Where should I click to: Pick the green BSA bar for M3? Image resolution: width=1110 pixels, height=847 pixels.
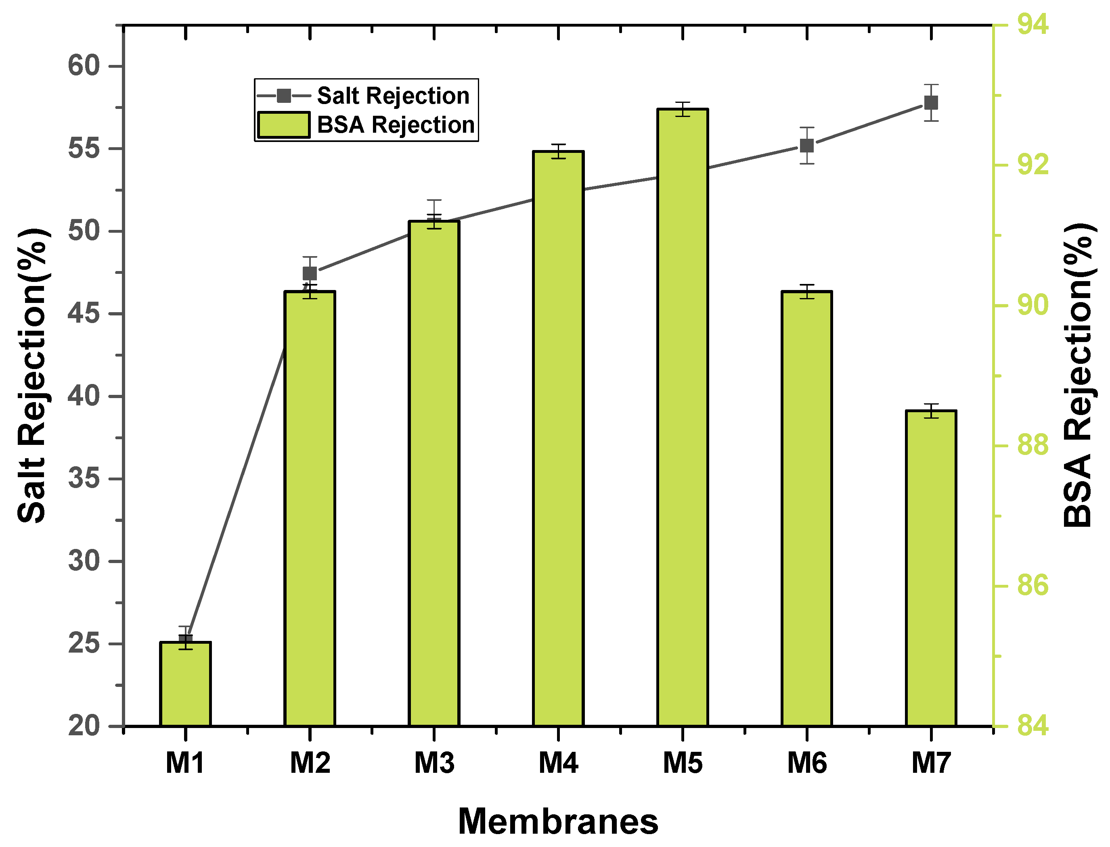coord(434,474)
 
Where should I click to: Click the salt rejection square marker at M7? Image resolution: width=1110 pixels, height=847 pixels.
coord(931,103)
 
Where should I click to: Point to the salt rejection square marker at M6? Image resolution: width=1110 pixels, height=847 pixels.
coord(807,146)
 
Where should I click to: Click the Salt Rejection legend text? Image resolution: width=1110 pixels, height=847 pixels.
coord(393,96)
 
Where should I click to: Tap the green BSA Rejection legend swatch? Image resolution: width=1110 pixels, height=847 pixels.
coord(283,125)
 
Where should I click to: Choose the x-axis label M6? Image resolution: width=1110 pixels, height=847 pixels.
coord(807,763)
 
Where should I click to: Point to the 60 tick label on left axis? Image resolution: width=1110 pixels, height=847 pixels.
coord(84,66)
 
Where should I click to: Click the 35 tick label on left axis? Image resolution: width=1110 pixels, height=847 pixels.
coord(84,478)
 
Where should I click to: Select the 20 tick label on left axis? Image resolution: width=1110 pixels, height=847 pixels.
coord(84,726)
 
